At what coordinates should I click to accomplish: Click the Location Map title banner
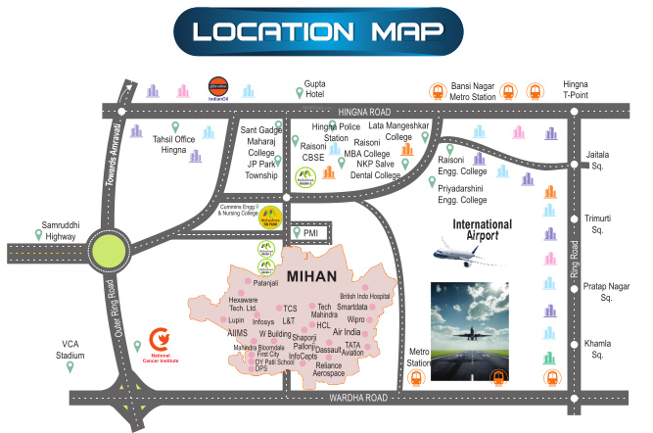tap(318, 31)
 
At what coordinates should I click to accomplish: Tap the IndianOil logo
tap(217, 89)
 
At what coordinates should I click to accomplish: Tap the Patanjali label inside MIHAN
tap(267, 283)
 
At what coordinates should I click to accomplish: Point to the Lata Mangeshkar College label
tap(398, 131)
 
